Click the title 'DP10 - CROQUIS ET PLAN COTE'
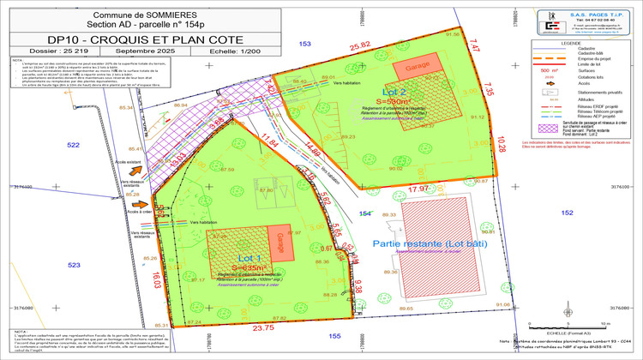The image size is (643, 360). point(144,39)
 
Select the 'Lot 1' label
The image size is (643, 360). point(249,258)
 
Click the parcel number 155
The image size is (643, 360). point(335,336)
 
